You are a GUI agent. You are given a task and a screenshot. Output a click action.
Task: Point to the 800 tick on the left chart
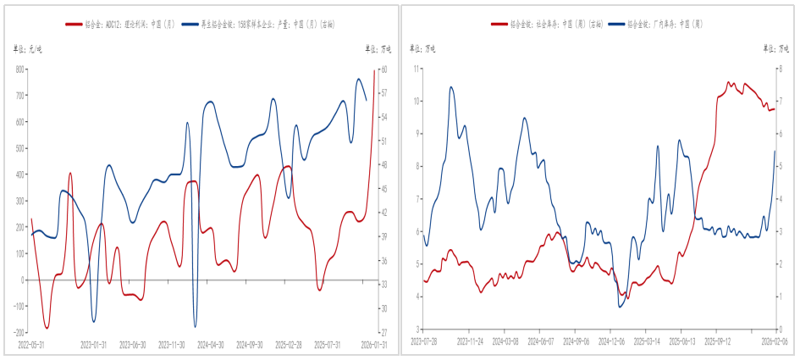pos(19,69)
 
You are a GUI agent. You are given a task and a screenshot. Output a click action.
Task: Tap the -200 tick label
pos(18,332)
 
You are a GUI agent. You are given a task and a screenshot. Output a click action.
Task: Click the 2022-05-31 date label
pos(30,345)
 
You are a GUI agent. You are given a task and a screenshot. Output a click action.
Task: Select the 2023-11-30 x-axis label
pos(172,345)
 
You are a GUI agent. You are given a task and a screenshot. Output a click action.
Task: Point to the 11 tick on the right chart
pos(417,69)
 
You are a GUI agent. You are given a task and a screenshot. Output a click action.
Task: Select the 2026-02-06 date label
pos(774,341)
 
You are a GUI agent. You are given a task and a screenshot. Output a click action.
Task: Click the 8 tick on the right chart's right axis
pos(784,69)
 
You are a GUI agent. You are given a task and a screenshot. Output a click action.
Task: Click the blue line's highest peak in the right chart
pos(451,86)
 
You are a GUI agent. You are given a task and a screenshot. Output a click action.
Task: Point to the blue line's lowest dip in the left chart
pos(196,326)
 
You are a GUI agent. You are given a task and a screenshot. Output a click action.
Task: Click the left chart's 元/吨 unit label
pos(28,49)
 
